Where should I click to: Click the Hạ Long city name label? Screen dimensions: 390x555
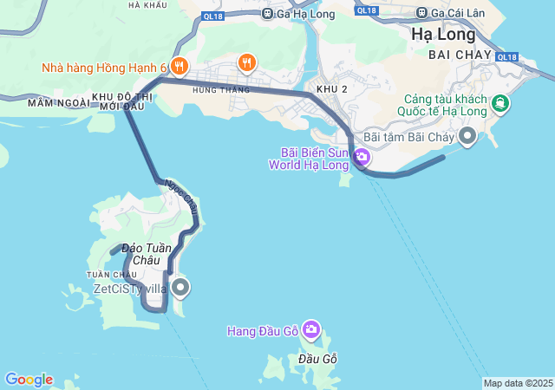coord(444,36)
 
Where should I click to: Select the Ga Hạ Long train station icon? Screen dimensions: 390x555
coord(267,13)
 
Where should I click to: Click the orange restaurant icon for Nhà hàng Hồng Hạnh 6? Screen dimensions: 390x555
coord(180,66)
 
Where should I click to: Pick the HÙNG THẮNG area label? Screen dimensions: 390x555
coord(221,89)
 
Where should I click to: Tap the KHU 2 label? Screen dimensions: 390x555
coord(332,89)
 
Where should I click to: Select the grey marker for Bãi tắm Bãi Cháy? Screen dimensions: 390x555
coord(468,136)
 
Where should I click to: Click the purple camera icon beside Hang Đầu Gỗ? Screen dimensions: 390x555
coord(311,330)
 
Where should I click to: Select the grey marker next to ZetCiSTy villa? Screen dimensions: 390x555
coord(180,287)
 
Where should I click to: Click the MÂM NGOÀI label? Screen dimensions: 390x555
coord(58,102)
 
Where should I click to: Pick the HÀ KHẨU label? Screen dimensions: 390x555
coord(147,5)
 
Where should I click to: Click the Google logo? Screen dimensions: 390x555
coord(29,380)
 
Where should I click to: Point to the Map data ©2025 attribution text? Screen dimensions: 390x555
coord(517,383)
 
